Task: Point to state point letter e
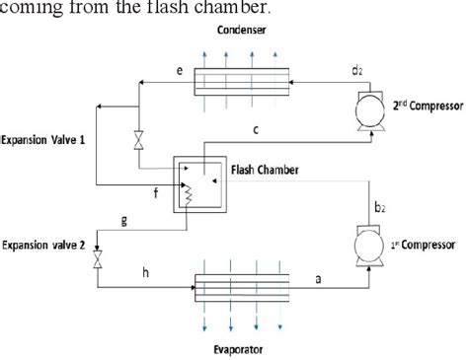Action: click(151, 71)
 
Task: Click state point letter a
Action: click(318, 280)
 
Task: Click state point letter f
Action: click(155, 194)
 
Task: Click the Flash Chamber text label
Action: click(265, 170)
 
